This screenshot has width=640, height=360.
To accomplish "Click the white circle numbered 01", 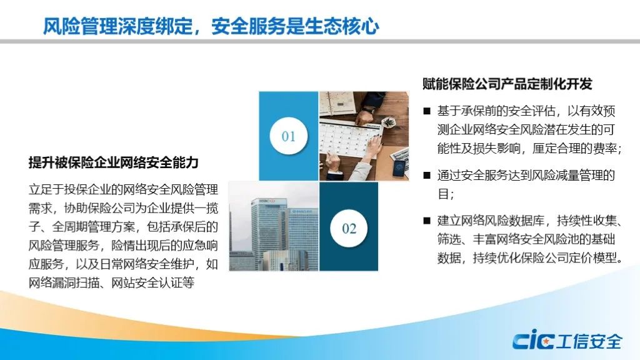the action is pyautogui.click(x=289, y=136).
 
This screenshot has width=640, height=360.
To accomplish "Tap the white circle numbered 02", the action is pyautogui.click(x=349, y=228).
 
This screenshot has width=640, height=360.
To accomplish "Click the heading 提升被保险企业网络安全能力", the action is pyautogui.click(x=114, y=162).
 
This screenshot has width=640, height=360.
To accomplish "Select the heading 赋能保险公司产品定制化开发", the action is pyautogui.click(x=507, y=84).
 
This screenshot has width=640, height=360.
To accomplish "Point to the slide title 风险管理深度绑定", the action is pyautogui.click(x=118, y=26).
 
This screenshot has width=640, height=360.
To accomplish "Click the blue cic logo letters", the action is pyautogui.click(x=534, y=339).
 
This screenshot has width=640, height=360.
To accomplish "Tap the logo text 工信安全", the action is pyautogui.click(x=590, y=341).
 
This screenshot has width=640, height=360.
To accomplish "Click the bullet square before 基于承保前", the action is pyautogui.click(x=427, y=111).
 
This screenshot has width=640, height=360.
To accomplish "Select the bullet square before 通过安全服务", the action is pyautogui.click(x=427, y=176).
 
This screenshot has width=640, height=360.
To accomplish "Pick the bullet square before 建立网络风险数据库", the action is pyautogui.click(x=427, y=221).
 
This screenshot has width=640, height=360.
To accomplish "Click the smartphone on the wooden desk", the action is pyautogui.click(x=399, y=167).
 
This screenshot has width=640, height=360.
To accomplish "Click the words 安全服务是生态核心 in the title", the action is pyautogui.click(x=296, y=26).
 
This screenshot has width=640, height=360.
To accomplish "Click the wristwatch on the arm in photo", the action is pyautogui.click(x=368, y=109).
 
